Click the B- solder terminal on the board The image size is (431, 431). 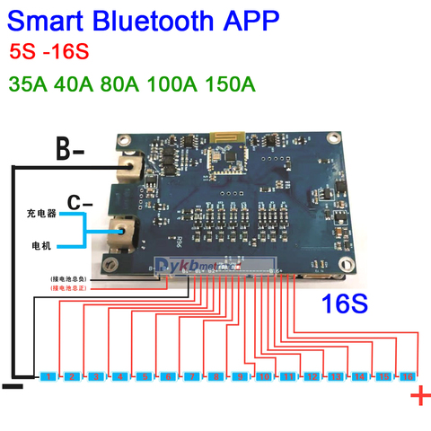coord(129,165)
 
